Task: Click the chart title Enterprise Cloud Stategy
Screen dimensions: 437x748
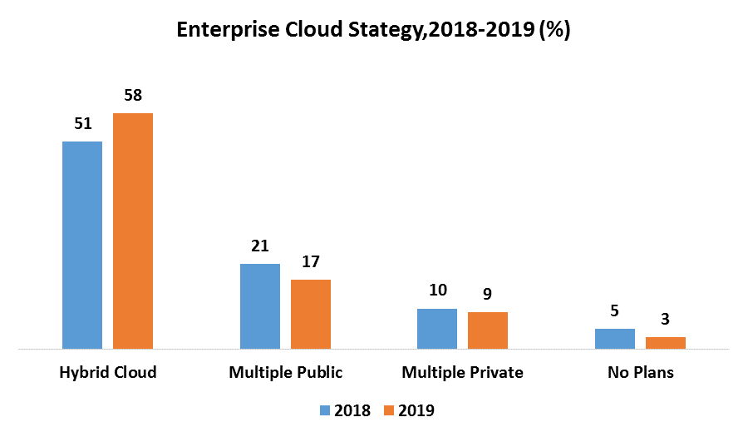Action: [373, 31]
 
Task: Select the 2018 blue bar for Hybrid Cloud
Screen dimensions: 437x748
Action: [82, 245]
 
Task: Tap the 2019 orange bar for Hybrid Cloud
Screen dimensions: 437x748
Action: [133, 231]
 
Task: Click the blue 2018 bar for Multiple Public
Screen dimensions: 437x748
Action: [260, 305]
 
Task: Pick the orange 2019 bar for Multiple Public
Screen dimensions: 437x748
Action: [311, 314]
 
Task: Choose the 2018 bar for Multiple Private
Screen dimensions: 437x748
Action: [437, 328]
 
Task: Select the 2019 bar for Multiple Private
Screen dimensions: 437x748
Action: [488, 330]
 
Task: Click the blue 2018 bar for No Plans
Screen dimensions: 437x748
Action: [615, 338]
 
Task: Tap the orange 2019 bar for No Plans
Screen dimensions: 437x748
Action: [666, 342]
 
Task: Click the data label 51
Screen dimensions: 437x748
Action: [82, 124]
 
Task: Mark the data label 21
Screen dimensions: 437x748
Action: [260, 246]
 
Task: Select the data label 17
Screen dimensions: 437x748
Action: [311, 262]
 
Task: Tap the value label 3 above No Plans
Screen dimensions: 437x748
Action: [666, 320]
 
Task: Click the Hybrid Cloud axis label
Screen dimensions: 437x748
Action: [108, 372]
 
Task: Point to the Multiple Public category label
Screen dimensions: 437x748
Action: [285, 372]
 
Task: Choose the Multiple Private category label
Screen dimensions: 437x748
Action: [462, 372]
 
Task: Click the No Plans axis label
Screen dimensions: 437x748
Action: [640, 372]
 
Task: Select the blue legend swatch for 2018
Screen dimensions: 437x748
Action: [325, 410]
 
